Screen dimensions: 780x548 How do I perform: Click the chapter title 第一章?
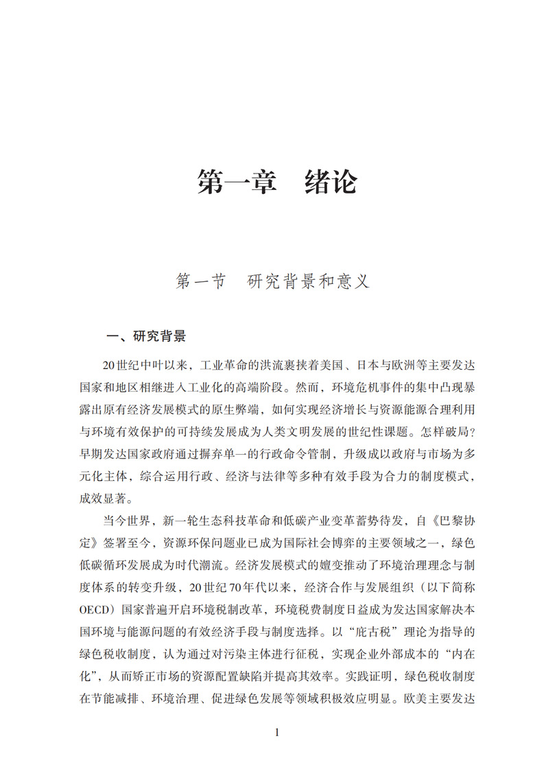pos(237,183)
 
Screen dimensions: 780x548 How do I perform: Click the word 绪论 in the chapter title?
pos(331,183)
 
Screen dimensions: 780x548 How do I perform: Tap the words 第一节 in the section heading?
pos(201,281)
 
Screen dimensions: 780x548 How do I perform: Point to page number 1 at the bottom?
pos(276,732)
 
